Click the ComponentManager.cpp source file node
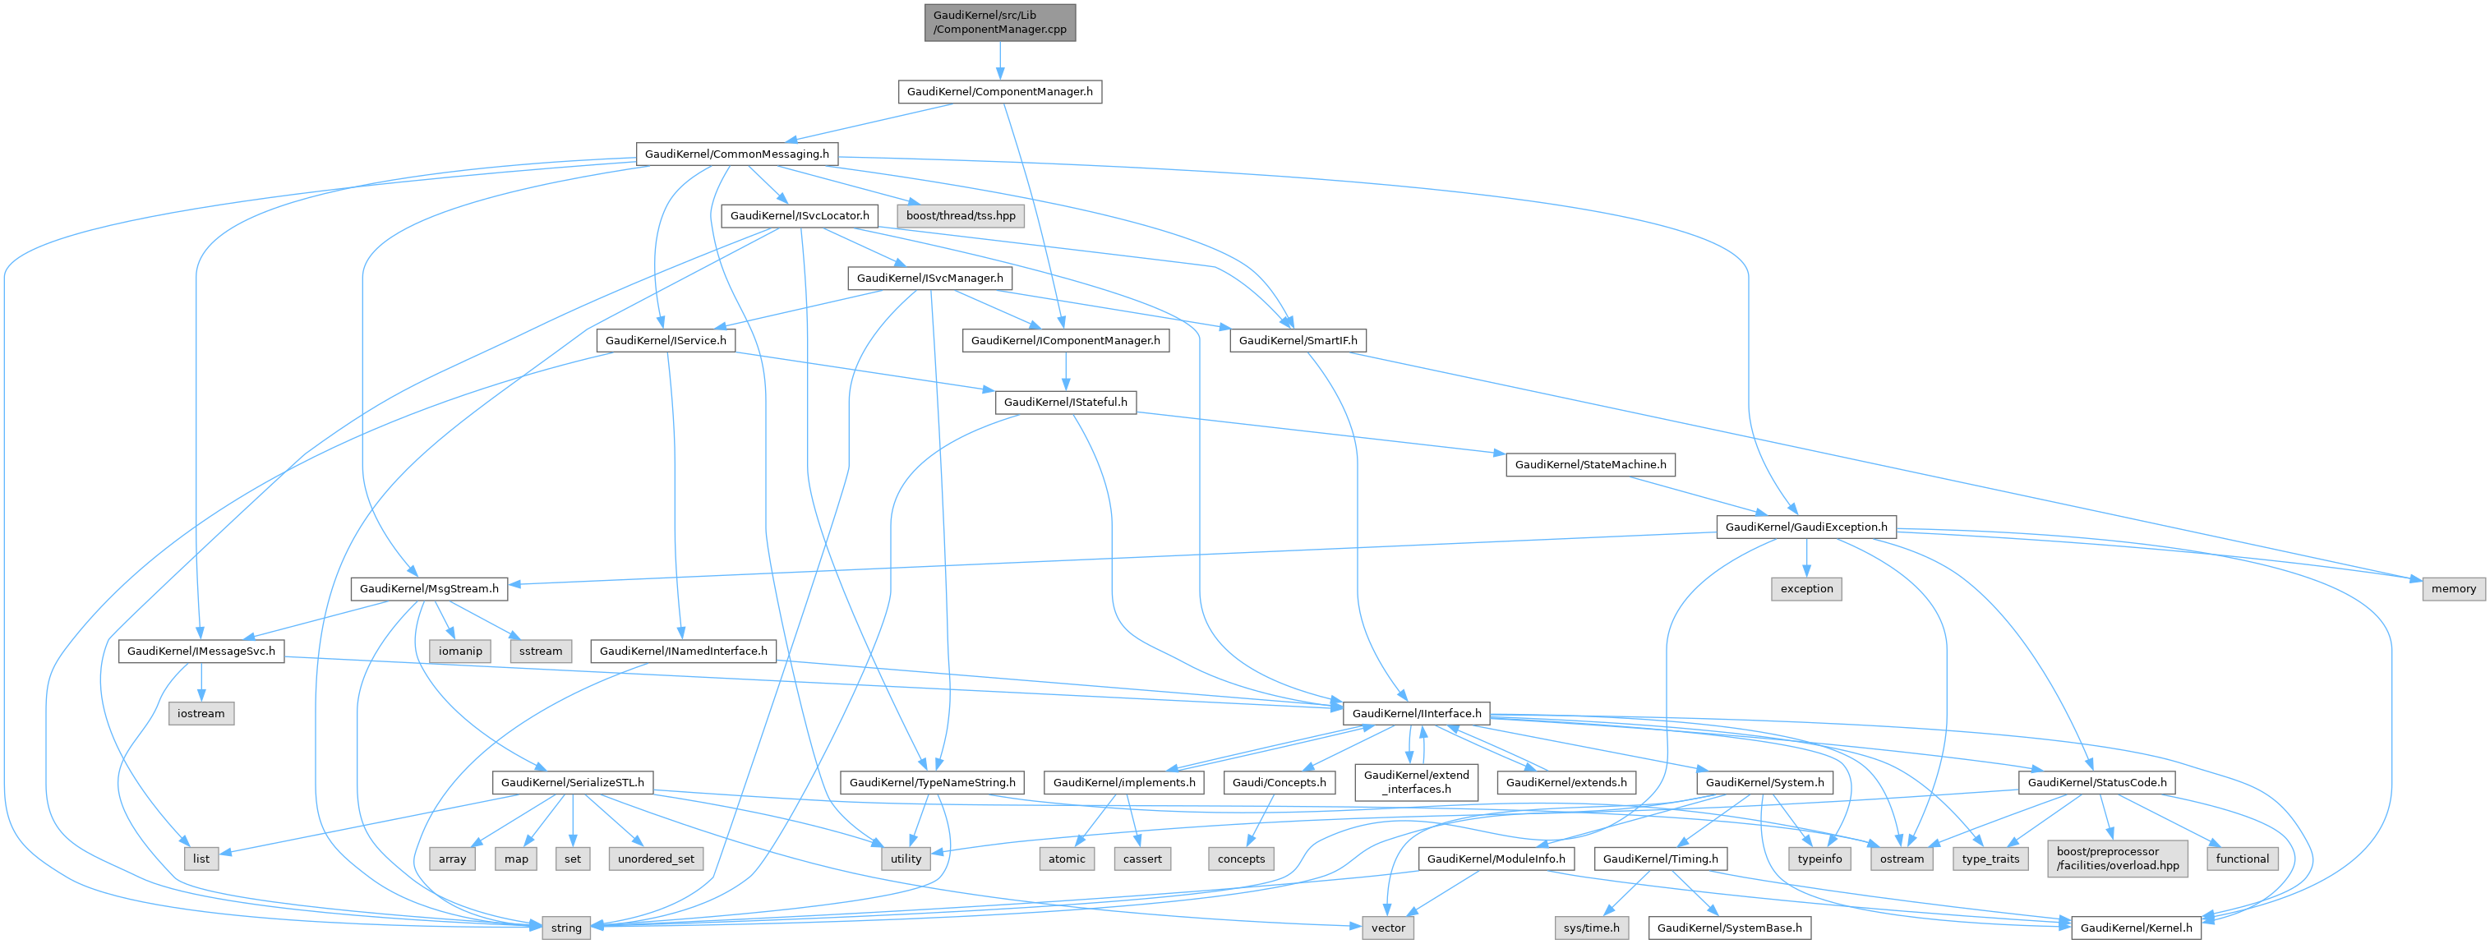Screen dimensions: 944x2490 pos(999,22)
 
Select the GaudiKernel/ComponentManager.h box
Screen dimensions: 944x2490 pos(999,92)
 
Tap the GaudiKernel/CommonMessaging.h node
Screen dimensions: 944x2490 pos(736,154)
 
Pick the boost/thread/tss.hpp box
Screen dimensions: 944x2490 pos(960,215)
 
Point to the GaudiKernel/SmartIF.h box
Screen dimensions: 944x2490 pos(1298,340)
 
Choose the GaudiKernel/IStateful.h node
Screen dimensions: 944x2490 pos(1065,402)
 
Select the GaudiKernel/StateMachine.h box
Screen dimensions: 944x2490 pos(1590,465)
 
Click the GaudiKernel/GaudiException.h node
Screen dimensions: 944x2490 pos(1805,527)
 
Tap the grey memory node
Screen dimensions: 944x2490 pos(2453,588)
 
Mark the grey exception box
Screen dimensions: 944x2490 pos(1805,588)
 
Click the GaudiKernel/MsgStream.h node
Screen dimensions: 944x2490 pos(428,588)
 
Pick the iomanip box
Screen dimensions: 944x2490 pos(460,652)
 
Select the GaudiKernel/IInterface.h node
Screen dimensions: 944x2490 pos(1416,713)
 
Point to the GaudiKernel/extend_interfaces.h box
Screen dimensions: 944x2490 pos(1416,781)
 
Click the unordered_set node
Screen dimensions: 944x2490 pos(657,859)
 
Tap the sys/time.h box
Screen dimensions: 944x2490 pos(1591,928)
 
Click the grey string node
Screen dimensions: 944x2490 pos(565,928)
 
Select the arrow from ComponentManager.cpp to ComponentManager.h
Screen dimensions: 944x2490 pos(999,61)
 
